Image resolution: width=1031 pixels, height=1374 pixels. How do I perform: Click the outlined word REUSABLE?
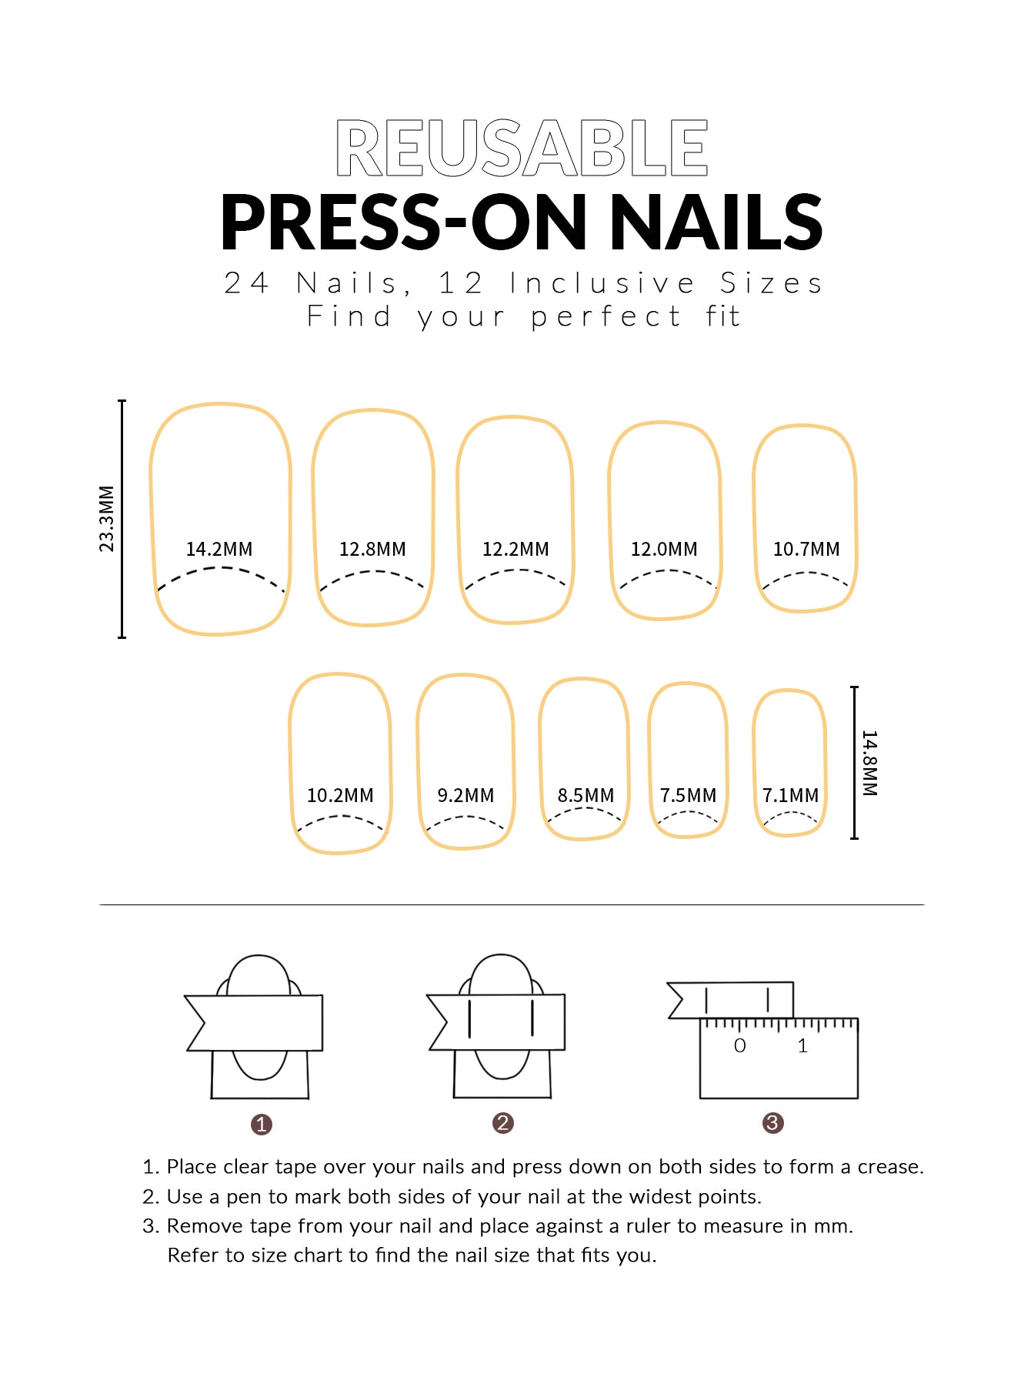[x=522, y=148]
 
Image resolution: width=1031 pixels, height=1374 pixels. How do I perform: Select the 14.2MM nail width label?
[x=219, y=549]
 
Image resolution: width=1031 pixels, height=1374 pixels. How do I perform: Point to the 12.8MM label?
[x=372, y=549]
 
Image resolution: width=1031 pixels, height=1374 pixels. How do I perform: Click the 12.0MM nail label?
[x=664, y=549]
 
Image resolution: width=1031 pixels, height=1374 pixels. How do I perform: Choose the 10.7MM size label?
[x=806, y=549]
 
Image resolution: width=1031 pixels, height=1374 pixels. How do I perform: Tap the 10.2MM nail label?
[x=340, y=795]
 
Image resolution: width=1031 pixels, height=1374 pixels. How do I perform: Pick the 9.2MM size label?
[x=465, y=795]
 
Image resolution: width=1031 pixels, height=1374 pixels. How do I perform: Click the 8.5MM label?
[x=586, y=795]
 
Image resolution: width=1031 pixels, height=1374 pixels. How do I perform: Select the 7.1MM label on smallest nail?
[x=790, y=795]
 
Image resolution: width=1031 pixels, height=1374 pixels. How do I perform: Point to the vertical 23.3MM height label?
[x=106, y=519]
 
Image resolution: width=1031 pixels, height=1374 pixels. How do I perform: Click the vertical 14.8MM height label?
[x=869, y=763]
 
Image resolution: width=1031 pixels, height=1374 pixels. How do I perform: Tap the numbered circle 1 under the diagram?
[x=262, y=1125]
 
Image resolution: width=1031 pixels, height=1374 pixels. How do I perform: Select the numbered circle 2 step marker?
[x=503, y=1123]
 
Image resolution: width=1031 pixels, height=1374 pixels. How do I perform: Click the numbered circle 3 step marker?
[x=772, y=1123]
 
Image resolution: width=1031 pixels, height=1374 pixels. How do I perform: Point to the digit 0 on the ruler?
[x=739, y=1045]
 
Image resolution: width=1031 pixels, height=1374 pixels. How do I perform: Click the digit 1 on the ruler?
[x=802, y=1045]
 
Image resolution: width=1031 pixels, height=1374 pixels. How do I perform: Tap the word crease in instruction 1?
[x=890, y=1167]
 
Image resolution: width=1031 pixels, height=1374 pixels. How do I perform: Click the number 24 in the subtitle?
[x=247, y=283]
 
